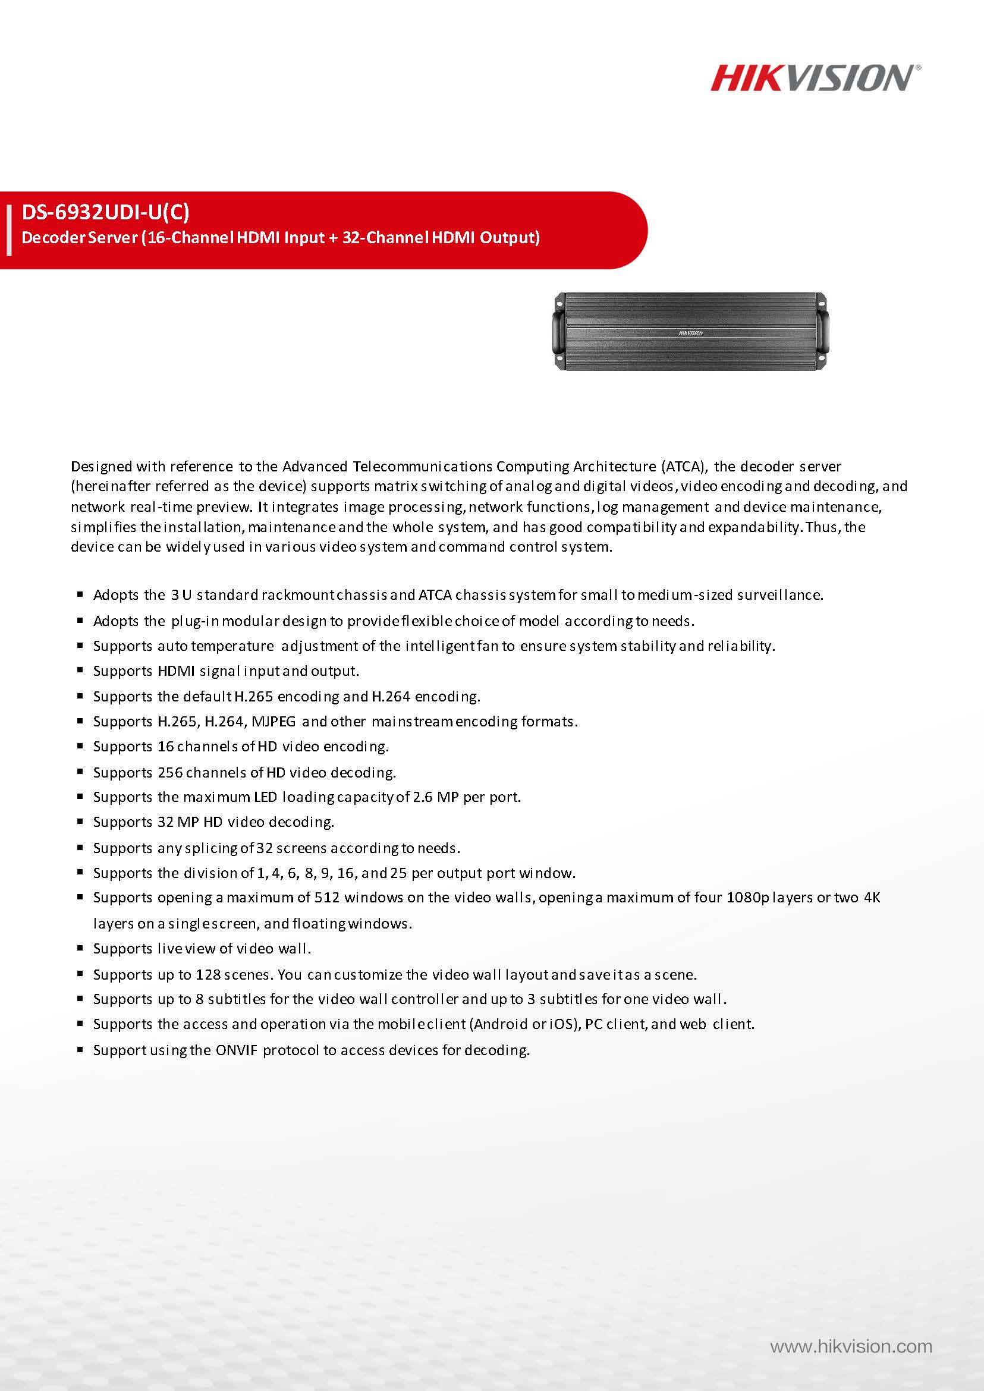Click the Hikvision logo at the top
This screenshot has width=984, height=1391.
point(815,78)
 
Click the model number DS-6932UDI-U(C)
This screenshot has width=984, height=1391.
point(105,212)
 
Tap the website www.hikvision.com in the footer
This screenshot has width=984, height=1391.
point(851,1347)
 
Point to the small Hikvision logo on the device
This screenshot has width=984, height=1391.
point(691,333)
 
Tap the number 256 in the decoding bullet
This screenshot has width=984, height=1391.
point(169,772)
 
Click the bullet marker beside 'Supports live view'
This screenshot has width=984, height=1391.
point(80,948)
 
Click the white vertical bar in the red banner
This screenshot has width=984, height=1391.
point(8,230)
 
